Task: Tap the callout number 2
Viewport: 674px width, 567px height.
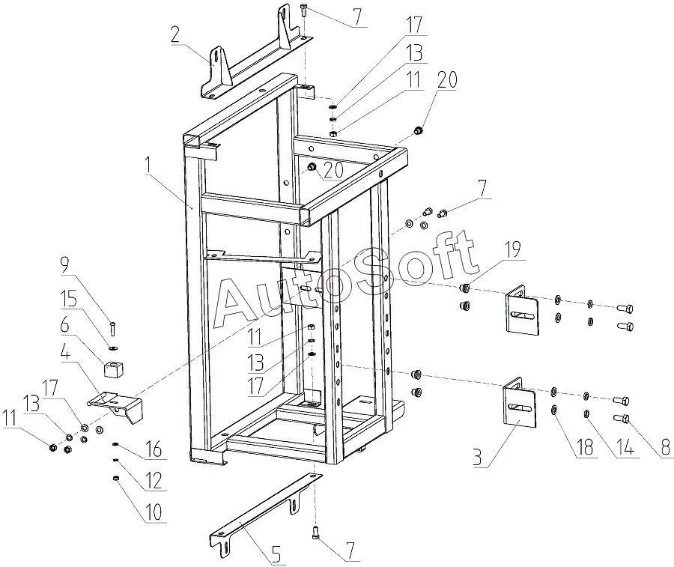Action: point(175,34)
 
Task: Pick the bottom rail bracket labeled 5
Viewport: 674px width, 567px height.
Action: point(262,509)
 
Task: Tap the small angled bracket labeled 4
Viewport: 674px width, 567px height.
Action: point(116,405)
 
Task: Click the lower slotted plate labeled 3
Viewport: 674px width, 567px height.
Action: point(518,408)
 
